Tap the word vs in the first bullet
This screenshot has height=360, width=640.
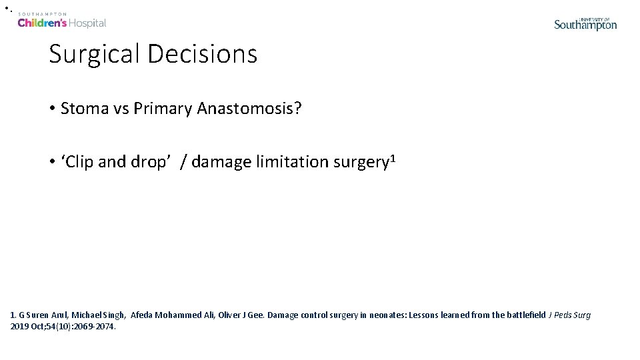click(x=119, y=109)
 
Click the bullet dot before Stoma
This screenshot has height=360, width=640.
click(x=52, y=109)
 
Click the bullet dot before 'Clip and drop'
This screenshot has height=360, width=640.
click(x=52, y=162)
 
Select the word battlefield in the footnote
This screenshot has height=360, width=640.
click(x=521, y=315)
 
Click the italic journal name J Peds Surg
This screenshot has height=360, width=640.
click(x=569, y=315)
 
